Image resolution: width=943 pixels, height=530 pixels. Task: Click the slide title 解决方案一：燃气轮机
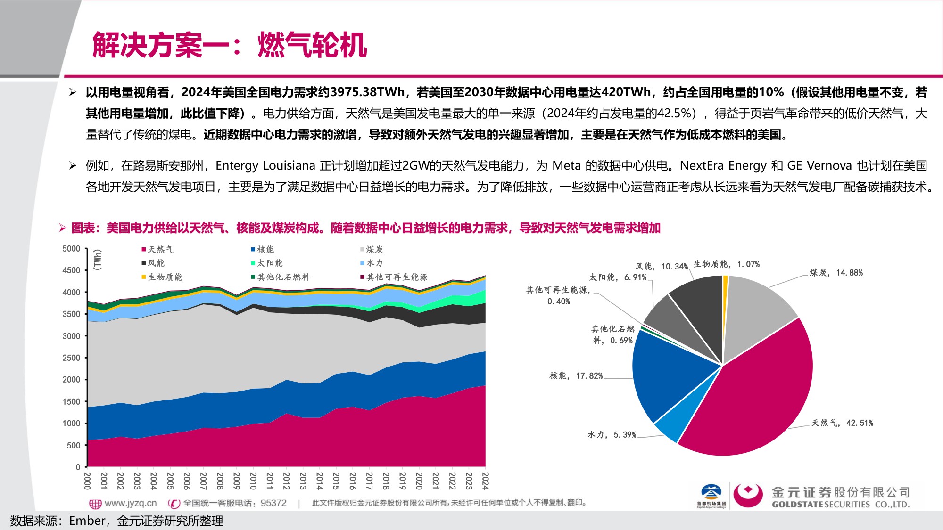[x=229, y=46]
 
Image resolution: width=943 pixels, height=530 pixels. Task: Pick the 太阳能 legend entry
[x=269, y=263]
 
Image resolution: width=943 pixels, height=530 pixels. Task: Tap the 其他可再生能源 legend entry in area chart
[x=397, y=277]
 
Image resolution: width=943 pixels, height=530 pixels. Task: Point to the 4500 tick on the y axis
[x=71, y=270]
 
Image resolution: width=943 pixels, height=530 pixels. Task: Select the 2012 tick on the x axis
[x=286, y=481]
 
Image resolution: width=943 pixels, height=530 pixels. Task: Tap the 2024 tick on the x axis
[x=485, y=481]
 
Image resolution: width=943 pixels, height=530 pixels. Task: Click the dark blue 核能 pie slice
[x=670, y=372]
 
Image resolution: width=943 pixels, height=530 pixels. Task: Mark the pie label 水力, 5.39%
[x=612, y=434]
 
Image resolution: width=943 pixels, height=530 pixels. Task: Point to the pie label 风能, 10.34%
[x=661, y=266]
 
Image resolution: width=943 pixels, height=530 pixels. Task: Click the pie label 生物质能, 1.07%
[x=726, y=264]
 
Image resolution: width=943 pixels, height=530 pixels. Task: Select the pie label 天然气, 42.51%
[x=842, y=423]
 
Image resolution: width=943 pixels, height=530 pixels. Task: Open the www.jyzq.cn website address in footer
[x=130, y=503]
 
